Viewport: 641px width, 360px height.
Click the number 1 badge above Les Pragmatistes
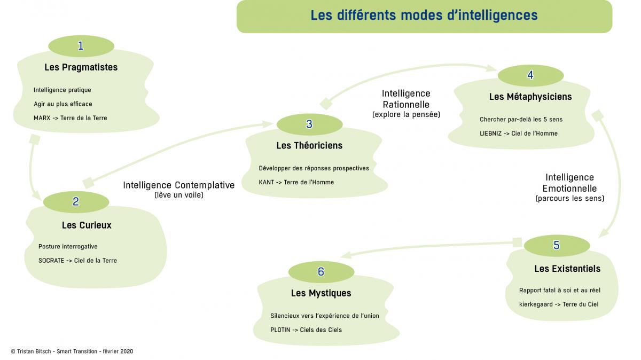[x=81, y=46]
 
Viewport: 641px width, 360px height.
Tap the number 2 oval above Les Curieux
[x=76, y=202]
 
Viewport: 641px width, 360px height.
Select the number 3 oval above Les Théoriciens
[x=310, y=124]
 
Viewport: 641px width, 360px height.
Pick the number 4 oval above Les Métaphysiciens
[x=531, y=75]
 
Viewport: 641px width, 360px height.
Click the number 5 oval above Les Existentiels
[x=557, y=246]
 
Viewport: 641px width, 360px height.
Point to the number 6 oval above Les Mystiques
[x=322, y=272]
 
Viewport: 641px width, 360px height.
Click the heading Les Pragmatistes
[x=81, y=67]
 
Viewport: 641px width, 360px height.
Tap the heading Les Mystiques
[x=321, y=293]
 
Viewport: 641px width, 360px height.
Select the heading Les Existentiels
[x=567, y=269]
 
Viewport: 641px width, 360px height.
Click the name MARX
[x=42, y=118]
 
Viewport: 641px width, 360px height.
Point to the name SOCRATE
[x=51, y=261]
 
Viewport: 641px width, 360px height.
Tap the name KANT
[x=267, y=182]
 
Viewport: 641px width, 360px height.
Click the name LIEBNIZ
[x=491, y=134]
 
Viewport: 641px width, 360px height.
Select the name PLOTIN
[x=280, y=330]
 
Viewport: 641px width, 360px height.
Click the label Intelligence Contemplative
[x=179, y=185]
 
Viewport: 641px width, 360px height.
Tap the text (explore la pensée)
[x=406, y=114]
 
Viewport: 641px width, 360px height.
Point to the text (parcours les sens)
[x=570, y=198]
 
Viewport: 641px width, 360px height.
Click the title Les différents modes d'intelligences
[x=424, y=15]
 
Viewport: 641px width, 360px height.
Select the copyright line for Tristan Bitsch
[x=72, y=351]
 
